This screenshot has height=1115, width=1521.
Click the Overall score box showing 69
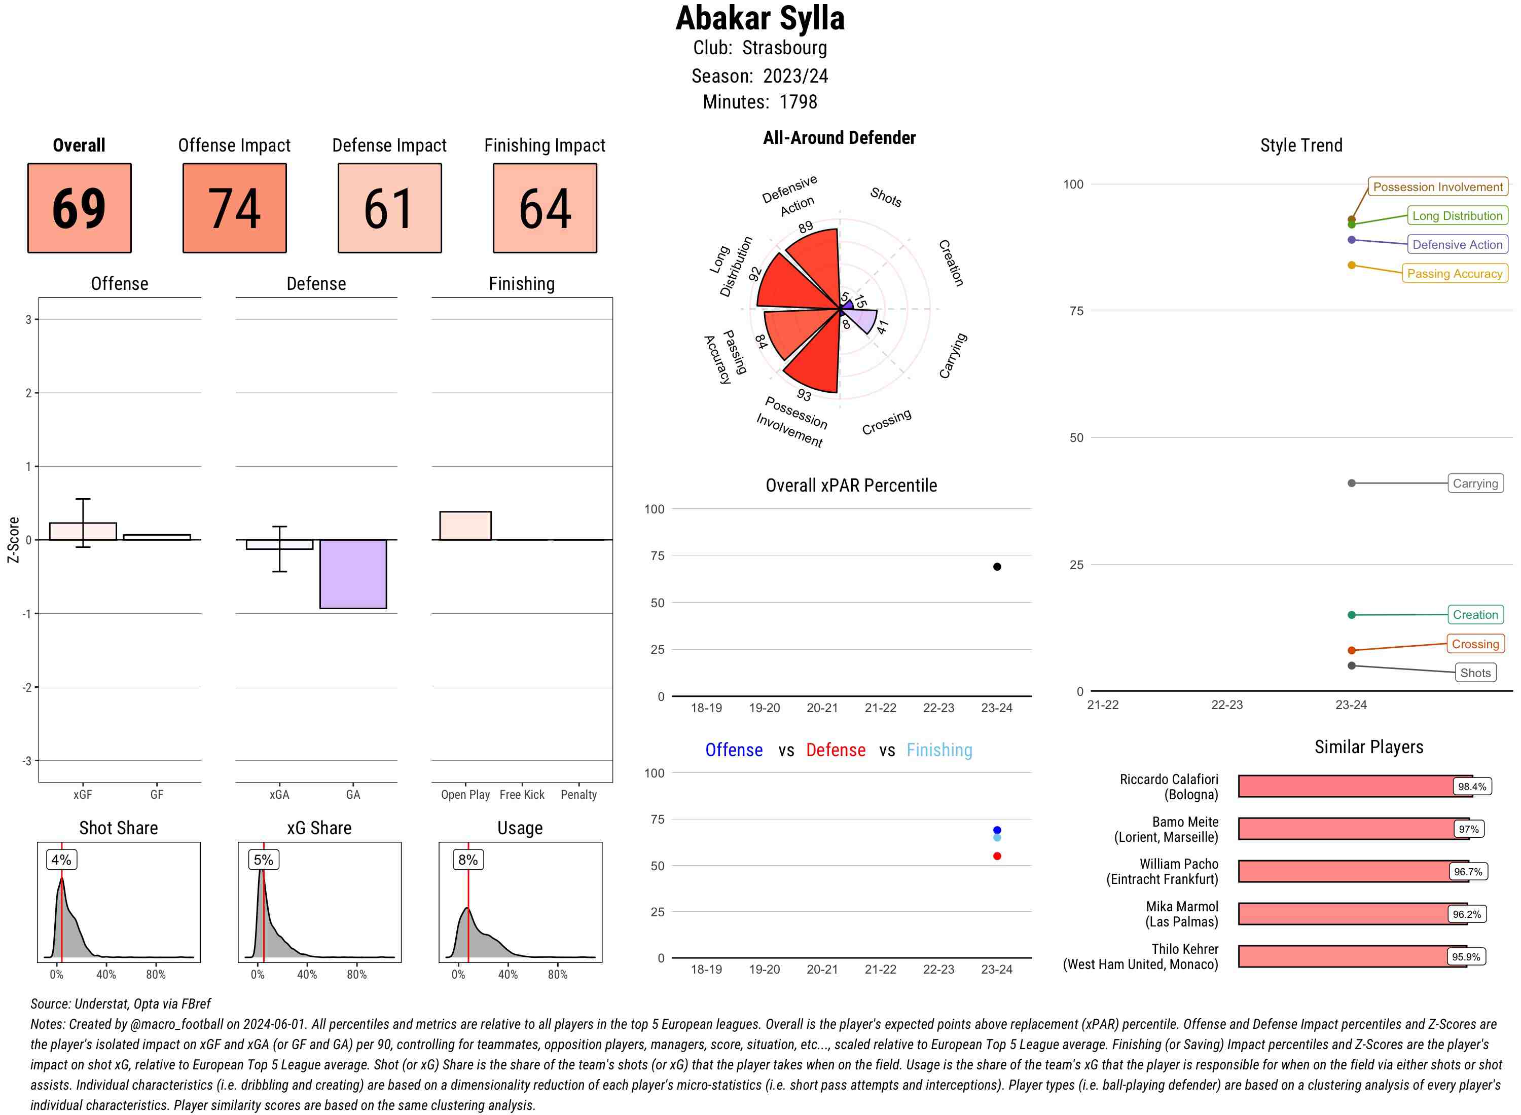pos(79,208)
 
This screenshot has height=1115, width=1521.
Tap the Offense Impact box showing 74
pos(234,208)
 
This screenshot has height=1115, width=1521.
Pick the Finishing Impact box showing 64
pos(545,208)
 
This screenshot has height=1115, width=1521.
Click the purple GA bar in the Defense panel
pos(353,574)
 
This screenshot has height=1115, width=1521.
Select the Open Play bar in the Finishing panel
pos(465,526)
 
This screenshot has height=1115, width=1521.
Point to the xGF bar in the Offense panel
pos(83,531)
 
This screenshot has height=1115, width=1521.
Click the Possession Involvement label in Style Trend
pos(1437,187)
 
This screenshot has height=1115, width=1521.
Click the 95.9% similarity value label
pos(1466,957)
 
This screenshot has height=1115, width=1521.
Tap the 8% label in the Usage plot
pos(468,860)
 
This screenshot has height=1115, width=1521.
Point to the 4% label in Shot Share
pos(61,860)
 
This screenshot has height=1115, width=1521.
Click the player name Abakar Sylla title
pos(760,19)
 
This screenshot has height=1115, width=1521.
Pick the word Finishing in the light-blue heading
pos(939,750)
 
